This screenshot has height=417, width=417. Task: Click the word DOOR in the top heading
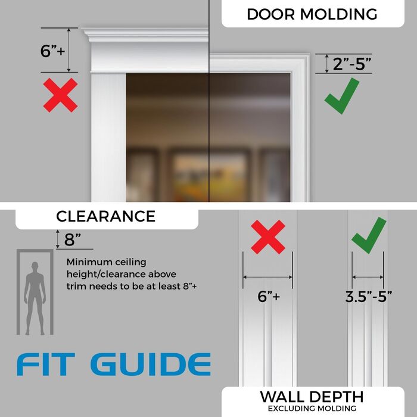270,14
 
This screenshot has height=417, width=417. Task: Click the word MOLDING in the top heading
338,14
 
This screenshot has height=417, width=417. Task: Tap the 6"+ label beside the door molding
52,51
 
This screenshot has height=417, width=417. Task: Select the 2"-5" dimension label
351,64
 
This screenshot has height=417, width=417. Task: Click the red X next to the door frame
60,95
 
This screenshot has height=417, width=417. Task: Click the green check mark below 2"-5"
342,96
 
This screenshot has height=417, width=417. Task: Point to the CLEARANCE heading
106,216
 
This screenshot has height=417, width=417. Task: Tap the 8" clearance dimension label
72,239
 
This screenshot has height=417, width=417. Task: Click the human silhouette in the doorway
35,298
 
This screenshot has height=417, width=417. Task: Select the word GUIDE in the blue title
151,365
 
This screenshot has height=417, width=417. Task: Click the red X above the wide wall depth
268,236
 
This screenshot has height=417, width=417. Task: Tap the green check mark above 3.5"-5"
369,235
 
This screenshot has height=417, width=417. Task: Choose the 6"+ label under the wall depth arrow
269,296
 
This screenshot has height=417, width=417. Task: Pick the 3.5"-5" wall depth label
369,297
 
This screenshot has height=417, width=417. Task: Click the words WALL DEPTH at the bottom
312,397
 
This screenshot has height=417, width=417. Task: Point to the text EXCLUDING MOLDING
312,408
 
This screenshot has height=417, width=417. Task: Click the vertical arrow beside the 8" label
58,239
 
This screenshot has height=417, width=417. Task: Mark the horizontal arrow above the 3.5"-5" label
368,277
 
